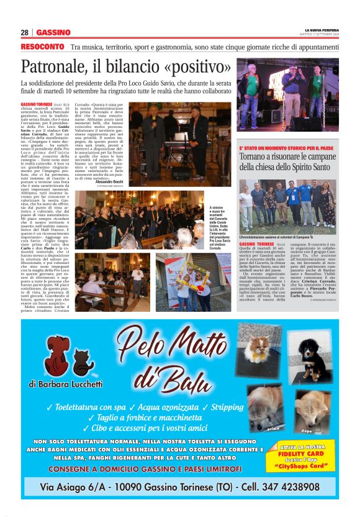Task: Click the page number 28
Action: (x=25, y=32)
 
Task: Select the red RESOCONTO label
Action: (x=42, y=47)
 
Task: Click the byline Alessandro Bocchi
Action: (x=109, y=182)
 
